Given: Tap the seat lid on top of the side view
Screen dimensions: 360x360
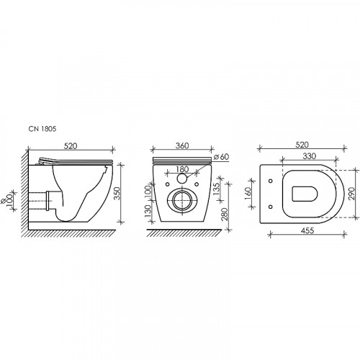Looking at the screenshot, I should [x=72, y=158].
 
